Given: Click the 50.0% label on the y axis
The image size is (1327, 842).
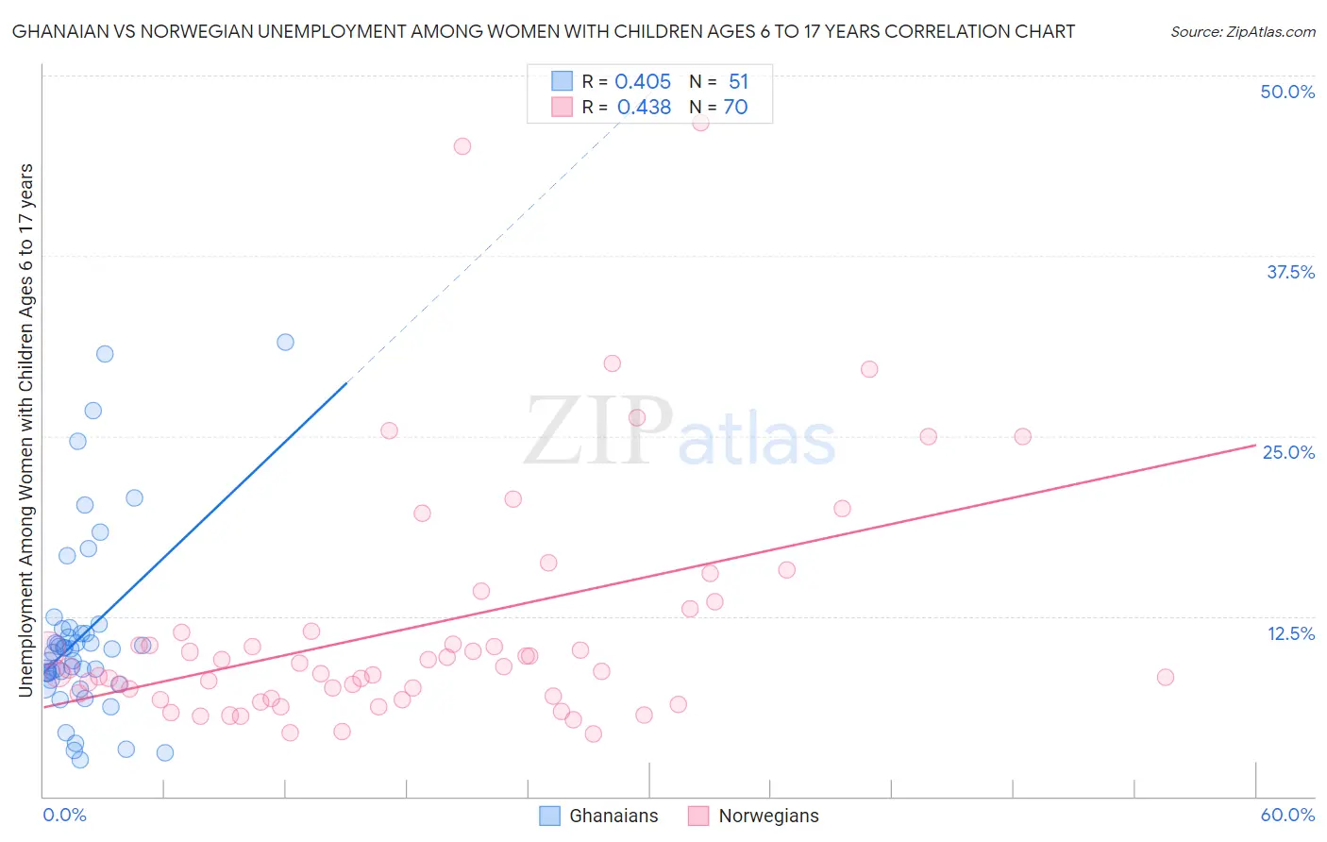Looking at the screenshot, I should point(1287,92).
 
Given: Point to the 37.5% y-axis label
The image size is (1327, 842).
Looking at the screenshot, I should point(1290,272).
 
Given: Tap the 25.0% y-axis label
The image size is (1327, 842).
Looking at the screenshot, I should point(1288,452).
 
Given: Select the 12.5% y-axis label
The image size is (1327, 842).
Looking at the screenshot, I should point(1290,633).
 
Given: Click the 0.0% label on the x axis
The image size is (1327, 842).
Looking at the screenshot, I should point(64,815).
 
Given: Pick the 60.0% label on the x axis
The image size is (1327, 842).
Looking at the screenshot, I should point(1287,815).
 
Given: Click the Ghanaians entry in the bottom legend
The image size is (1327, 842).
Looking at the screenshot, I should point(613,816).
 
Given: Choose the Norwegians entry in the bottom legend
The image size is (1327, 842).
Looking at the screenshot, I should point(768,816).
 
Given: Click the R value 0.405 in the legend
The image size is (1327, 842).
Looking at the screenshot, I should point(643,82).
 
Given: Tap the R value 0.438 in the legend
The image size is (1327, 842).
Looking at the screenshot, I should point(644,108).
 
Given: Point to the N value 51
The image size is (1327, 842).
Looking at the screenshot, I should point(738,82).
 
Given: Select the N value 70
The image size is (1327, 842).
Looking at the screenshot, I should point(735,108).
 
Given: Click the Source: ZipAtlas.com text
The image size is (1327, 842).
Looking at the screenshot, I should point(1242,32).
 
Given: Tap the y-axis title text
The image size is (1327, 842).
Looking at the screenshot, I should point(26,429).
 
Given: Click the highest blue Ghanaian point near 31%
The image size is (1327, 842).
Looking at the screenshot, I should point(285,342).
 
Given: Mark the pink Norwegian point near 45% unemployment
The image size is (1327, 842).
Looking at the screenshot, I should point(462,146).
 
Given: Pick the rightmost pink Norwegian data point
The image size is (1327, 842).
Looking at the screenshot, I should point(1165,677).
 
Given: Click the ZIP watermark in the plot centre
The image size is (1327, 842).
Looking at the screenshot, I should point(598,431).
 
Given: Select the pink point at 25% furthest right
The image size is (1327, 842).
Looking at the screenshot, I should point(1022,436).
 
